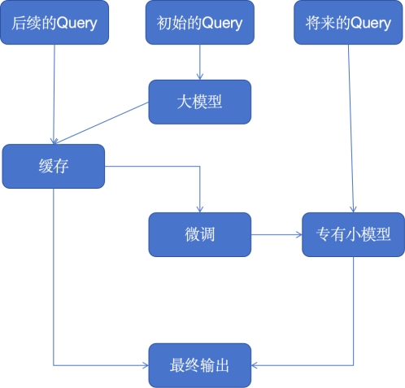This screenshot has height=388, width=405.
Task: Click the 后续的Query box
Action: (54, 23)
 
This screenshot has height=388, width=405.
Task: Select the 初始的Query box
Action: (200, 23)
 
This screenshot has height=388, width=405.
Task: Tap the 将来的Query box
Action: (348, 23)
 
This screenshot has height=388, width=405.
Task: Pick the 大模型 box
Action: (200, 102)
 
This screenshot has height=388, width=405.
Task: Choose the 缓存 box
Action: (54, 166)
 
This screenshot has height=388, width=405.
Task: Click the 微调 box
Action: (200, 234)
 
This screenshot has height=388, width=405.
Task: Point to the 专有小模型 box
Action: (353, 234)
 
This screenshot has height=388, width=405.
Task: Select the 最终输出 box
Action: (200, 365)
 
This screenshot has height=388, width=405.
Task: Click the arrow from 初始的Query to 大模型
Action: (200, 62)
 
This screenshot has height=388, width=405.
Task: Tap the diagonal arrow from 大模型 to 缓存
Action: (101, 123)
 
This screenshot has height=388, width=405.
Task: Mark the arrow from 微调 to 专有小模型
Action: (277, 234)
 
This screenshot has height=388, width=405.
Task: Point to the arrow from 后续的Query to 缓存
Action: (54, 94)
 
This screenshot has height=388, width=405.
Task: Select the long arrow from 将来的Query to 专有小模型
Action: (351, 129)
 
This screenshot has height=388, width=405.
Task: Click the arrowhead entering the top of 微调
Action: (200, 209)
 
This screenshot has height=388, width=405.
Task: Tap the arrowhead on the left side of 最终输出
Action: (146, 365)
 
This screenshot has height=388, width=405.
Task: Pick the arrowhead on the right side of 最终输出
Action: (255, 365)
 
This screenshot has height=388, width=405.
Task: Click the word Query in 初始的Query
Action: (222, 24)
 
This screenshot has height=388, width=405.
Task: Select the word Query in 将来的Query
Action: (371, 24)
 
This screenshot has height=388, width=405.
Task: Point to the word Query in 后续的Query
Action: (77, 24)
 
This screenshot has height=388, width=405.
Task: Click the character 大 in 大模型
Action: (185, 102)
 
